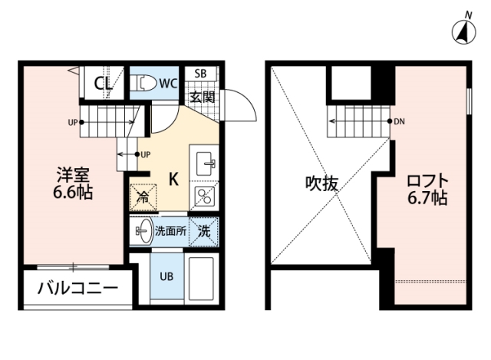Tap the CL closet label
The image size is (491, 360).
pos(104,83)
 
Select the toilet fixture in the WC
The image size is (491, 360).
pos(147,81)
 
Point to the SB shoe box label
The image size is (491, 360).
pos(200,74)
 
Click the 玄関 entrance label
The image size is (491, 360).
pos(203,97)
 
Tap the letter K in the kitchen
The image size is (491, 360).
pos(174,180)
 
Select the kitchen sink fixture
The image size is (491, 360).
pos(206,163)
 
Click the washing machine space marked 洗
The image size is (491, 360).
pos(204,230)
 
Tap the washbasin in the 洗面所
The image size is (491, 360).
pos(143,230)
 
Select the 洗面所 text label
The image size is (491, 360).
pos(170,230)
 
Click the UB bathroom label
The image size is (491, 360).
pos(166,277)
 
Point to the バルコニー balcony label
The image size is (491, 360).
pos(77,291)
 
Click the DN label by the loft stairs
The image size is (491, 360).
pos(400,121)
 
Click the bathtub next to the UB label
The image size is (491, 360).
pos(203,279)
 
